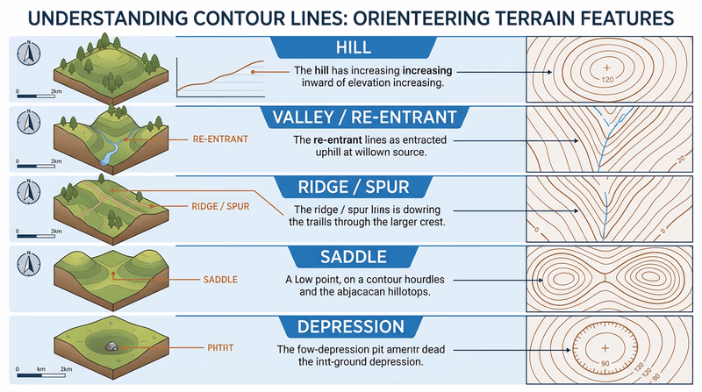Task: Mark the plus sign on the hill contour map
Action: coord(606,67)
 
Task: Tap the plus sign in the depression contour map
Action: coord(605,346)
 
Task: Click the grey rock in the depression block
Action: coord(111,347)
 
